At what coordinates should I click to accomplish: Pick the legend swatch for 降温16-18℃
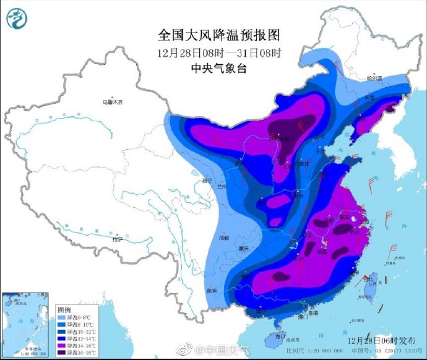pos(61,353)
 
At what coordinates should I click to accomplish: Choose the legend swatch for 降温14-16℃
pos(61,345)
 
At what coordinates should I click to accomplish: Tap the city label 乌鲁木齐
pos(113,101)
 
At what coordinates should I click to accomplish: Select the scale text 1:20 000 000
pos(327,350)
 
